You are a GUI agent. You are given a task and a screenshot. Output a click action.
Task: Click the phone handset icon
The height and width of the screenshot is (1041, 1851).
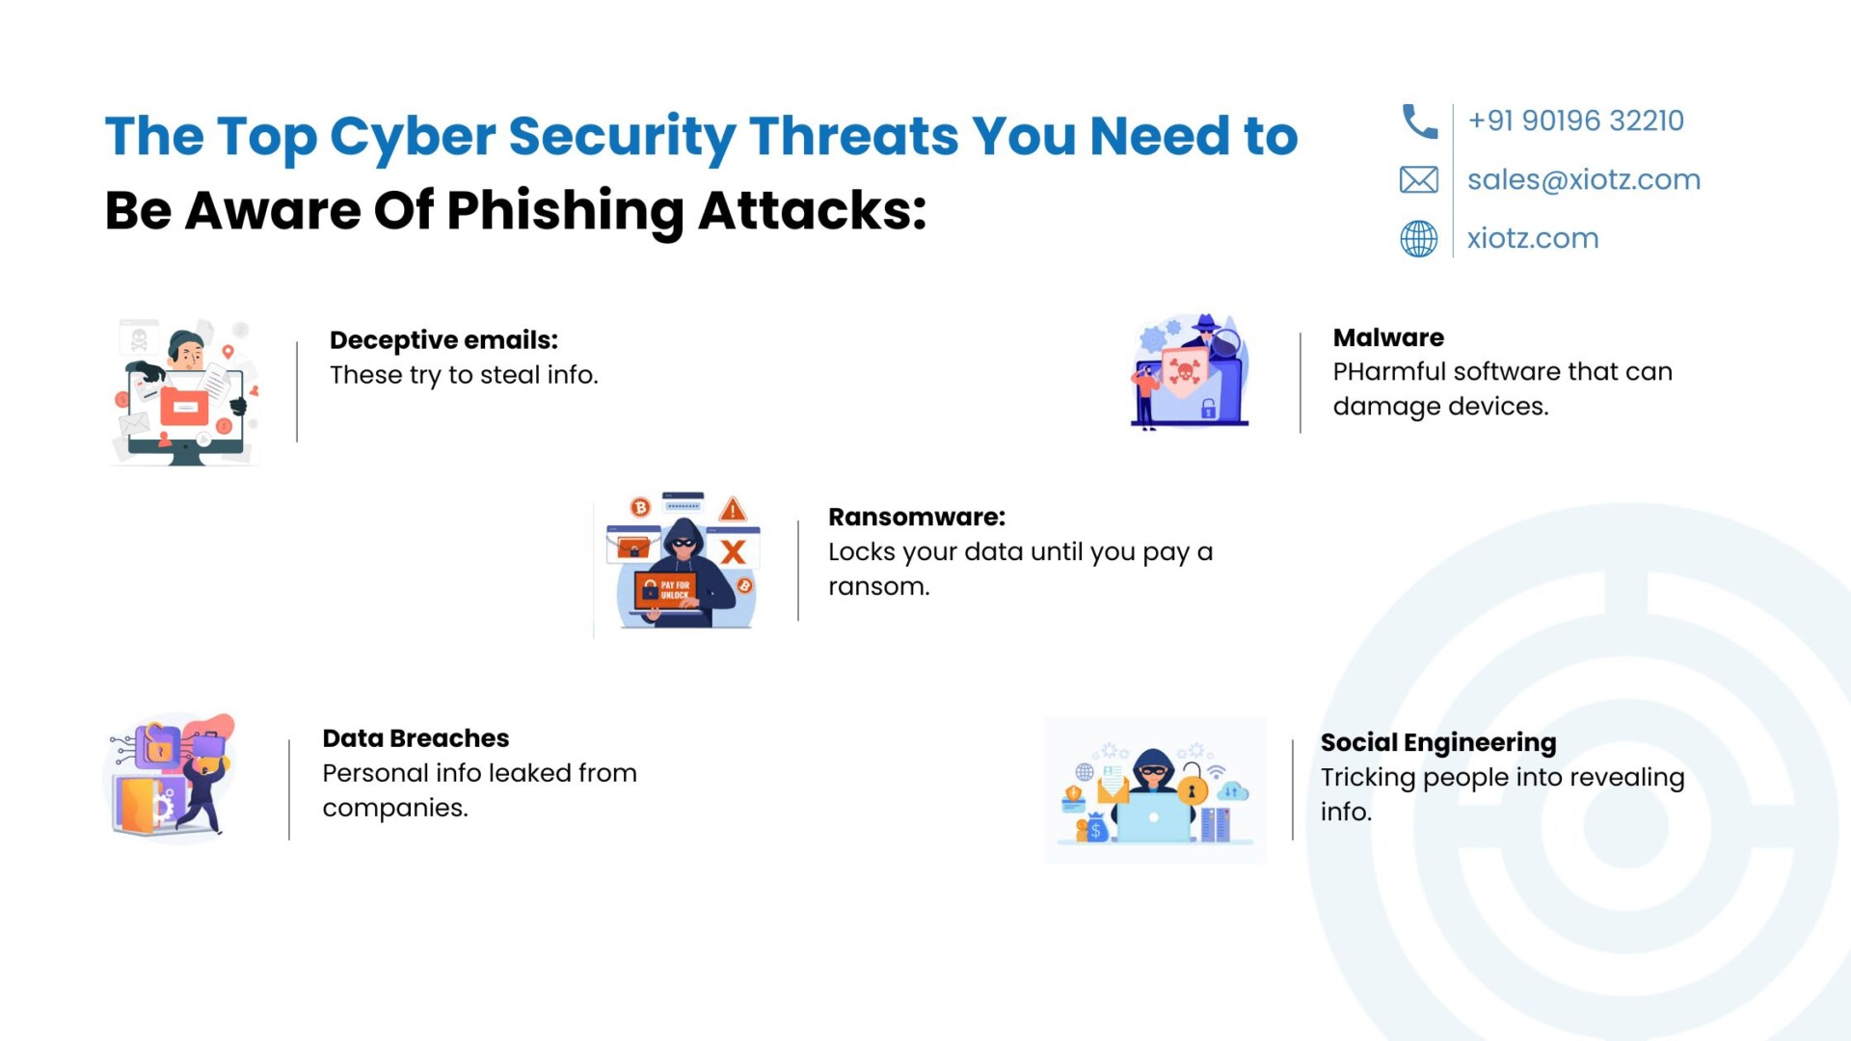point(1419,121)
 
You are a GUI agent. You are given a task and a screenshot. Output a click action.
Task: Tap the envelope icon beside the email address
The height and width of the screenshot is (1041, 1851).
point(1419,180)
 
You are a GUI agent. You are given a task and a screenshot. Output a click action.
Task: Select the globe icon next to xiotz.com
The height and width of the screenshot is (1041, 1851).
point(1419,239)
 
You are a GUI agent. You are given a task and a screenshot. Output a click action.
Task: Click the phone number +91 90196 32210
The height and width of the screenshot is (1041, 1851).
point(1575,120)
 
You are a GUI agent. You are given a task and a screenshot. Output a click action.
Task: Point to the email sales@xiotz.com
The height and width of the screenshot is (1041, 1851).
point(1584,180)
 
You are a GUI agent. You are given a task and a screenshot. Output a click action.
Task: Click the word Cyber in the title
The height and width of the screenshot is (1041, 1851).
point(413,138)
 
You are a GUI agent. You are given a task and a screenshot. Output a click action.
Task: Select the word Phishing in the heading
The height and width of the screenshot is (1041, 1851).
point(565,211)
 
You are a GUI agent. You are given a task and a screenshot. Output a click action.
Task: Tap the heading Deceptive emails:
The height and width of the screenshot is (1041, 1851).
point(443,340)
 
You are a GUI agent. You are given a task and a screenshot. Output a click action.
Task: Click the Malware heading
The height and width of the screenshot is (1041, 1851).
point(1388,338)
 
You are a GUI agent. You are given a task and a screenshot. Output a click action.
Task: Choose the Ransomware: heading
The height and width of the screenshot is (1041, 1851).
point(917,518)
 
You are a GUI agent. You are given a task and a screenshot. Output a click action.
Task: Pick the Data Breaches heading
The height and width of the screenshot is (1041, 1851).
point(416,738)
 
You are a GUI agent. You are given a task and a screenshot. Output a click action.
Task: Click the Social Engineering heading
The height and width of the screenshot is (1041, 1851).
point(1438,743)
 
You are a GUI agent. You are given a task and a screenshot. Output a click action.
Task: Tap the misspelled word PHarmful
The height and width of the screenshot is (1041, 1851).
point(1389,372)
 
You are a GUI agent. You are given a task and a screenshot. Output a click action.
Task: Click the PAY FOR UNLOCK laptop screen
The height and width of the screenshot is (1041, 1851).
point(665,589)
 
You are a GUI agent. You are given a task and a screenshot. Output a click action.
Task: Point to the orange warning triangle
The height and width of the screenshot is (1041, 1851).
point(733,509)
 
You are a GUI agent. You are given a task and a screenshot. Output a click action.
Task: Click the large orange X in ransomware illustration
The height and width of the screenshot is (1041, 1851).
point(734,552)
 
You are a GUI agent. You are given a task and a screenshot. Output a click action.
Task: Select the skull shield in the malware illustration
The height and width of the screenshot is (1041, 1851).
point(1185,371)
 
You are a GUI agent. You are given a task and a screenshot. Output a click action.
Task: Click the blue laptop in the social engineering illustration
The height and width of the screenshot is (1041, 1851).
point(1153,818)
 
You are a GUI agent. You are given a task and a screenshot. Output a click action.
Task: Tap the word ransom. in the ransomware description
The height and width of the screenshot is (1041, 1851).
point(879,587)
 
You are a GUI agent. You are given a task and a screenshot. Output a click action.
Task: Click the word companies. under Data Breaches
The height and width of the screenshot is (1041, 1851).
point(395,809)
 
